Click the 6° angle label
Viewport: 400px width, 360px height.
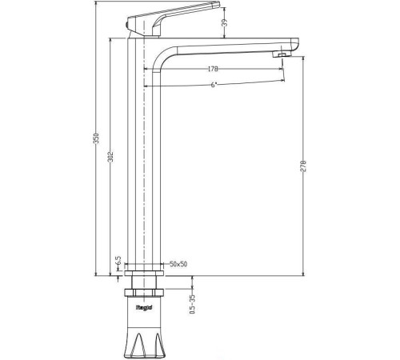(x=214, y=85)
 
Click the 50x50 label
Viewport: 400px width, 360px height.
(x=178, y=264)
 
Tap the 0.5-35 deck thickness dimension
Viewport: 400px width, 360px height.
(x=192, y=303)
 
